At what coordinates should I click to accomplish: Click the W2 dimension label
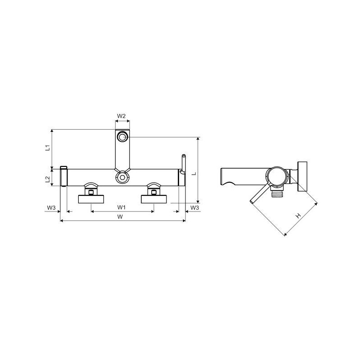point(121,116)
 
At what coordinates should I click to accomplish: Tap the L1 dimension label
point(48,148)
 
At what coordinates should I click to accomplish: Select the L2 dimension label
point(48,179)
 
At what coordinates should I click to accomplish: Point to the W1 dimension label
point(121,207)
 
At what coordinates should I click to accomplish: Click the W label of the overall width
point(120,217)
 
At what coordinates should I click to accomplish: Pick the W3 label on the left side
point(51,207)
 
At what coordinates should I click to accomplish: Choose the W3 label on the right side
point(194,207)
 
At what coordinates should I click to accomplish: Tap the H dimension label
point(298,216)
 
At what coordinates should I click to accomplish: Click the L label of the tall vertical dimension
point(194,173)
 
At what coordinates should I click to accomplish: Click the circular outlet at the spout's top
point(122,137)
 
